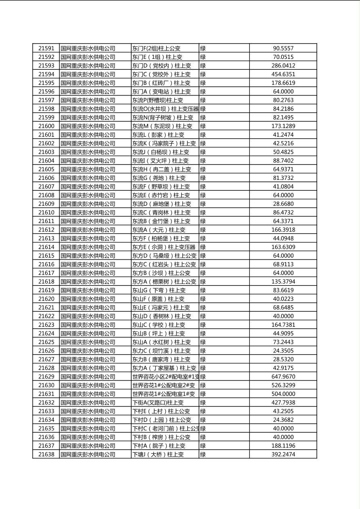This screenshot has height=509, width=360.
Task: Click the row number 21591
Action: pyautogui.click(x=46, y=48)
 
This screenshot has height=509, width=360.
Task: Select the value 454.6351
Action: pyautogui.click(x=283, y=74)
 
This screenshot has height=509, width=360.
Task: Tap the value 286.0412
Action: pyautogui.click(x=283, y=66)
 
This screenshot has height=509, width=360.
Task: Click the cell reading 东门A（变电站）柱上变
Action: pyautogui.click(x=161, y=92)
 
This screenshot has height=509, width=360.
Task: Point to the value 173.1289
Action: pyautogui.click(x=283, y=126)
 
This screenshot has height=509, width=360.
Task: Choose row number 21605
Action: pyautogui.click(x=46, y=169)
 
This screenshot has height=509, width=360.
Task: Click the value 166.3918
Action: pyautogui.click(x=283, y=230)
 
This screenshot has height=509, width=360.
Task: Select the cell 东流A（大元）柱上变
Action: pyautogui.click(x=159, y=230)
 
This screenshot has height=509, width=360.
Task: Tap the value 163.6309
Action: pyautogui.click(x=283, y=247)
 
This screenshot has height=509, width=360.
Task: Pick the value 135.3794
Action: pyautogui.click(x=283, y=282)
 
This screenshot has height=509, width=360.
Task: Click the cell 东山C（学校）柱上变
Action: pyautogui.click(x=159, y=325)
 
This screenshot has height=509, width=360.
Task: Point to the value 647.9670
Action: pyautogui.click(x=283, y=377)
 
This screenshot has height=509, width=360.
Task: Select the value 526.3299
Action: pyautogui.click(x=283, y=385)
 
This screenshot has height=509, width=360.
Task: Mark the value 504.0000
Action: pyautogui.click(x=283, y=394)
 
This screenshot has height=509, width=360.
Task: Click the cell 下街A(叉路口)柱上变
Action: pyautogui.click(x=158, y=403)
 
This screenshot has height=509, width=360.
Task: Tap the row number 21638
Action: pyautogui.click(x=46, y=455)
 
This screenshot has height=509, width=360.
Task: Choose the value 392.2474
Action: pyautogui.click(x=283, y=455)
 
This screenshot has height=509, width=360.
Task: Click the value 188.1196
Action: pyautogui.click(x=283, y=446)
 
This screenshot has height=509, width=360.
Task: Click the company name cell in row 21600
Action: pyautogui.click(x=88, y=126)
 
